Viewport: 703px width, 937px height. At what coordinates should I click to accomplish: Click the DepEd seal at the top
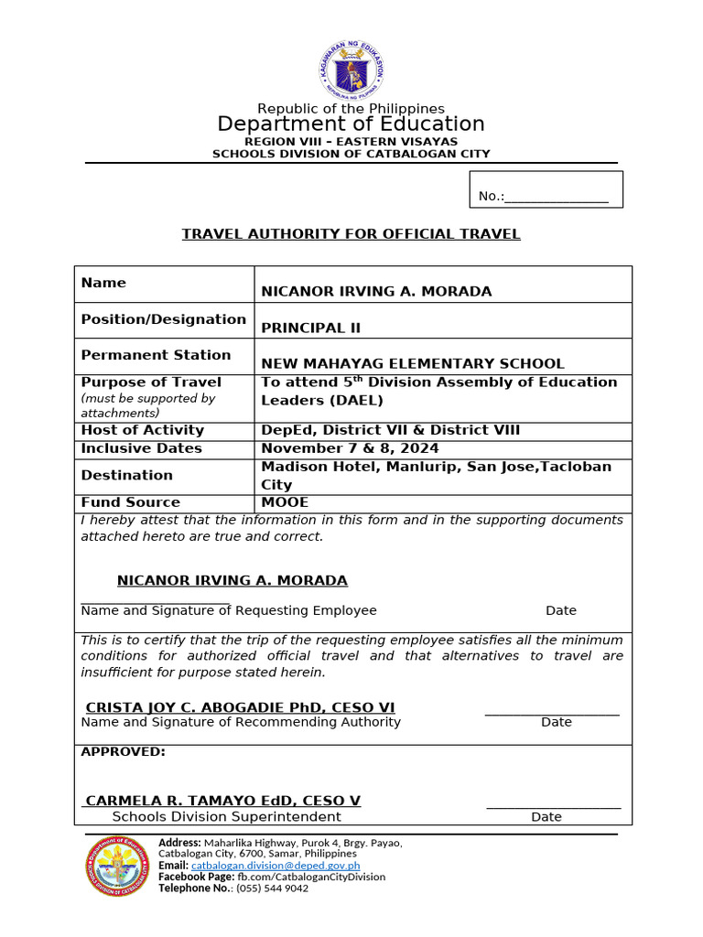pyautogui.click(x=351, y=70)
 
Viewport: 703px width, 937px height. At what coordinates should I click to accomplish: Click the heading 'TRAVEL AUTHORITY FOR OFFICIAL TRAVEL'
pyautogui.click(x=351, y=234)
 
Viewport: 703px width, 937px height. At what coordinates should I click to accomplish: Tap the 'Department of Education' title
pyautogui.click(x=351, y=124)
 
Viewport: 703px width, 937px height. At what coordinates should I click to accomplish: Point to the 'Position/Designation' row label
pyautogui.click(x=163, y=319)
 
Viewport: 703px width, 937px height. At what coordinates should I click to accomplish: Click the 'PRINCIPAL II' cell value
pyautogui.click(x=304, y=328)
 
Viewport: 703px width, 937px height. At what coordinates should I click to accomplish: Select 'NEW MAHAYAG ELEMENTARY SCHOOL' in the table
pyautogui.click(x=413, y=363)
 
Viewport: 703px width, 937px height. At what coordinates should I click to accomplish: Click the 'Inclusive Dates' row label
pyautogui.click(x=141, y=448)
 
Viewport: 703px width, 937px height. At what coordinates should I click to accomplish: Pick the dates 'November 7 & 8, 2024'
pyautogui.click(x=350, y=448)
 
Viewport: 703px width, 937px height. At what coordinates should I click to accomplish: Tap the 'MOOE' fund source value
pyautogui.click(x=285, y=502)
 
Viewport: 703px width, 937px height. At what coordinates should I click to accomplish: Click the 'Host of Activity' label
pyautogui.click(x=142, y=430)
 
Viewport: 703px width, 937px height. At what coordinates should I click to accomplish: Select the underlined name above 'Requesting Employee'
pyautogui.click(x=233, y=581)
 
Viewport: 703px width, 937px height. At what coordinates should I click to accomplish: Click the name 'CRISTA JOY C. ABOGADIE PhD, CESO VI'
pyautogui.click(x=240, y=707)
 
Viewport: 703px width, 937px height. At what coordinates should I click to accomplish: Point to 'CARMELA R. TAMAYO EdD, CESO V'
pyautogui.click(x=222, y=801)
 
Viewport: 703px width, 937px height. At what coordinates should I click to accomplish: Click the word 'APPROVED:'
pyautogui.click(x=124, y=751)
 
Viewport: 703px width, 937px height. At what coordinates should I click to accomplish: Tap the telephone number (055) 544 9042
pyautogui.click(x=272, y=888)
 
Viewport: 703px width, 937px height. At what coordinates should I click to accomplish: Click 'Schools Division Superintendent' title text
pyautogui.click(x=226, y=816)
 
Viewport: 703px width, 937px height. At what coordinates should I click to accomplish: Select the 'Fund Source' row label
pyautogui.click(x=131, y=502)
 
